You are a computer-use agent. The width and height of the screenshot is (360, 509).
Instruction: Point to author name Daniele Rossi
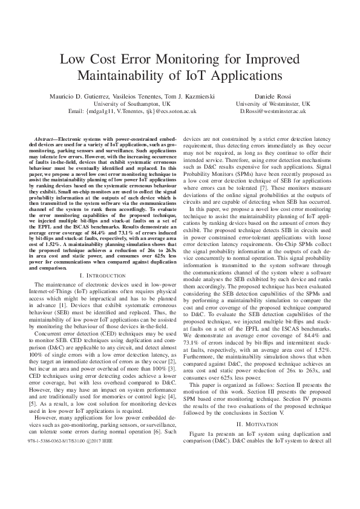(272, 97)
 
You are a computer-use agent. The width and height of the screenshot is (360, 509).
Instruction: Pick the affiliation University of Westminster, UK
(272, 104)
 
